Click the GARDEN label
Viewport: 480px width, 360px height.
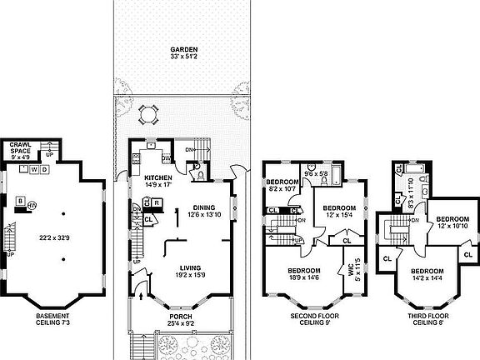(184, 50)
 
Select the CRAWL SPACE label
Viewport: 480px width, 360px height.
(20, 148)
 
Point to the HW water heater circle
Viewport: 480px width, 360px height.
(32, 205)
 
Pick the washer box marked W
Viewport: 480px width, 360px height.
(33, 169)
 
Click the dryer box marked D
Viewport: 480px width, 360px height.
(43, 169)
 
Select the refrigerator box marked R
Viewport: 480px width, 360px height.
(157, 201)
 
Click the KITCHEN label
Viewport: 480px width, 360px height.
(157, 178)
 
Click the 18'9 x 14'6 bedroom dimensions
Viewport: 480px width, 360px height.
(303, 278)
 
